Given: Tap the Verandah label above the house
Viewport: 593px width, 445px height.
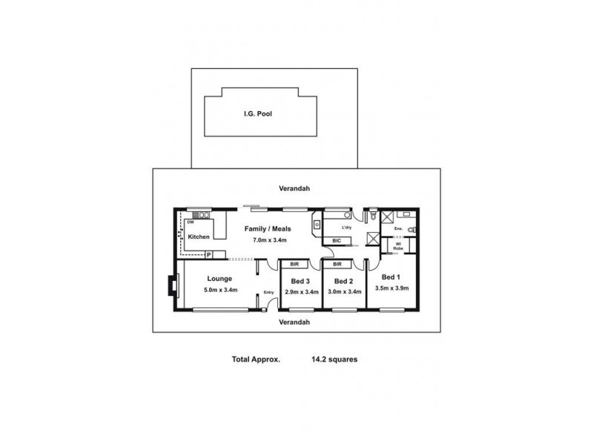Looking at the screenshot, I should (x=294, y=188).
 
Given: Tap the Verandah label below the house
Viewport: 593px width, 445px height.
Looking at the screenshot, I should (x=294, y=323).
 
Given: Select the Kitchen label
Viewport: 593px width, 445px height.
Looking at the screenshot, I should (x=198, y=237).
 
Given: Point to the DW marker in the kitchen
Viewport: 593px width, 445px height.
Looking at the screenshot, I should (x=191, y=222).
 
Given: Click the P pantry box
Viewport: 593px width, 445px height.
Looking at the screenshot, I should (x=209, y=254).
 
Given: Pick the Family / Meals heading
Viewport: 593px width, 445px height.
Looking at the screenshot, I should (x=269, y=229).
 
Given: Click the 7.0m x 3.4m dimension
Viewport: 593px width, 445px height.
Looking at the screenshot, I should (x=269, y=240).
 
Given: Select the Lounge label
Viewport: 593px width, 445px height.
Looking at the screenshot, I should (x=220, y=279).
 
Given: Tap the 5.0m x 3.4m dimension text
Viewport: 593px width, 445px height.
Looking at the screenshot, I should (x=220, y=290).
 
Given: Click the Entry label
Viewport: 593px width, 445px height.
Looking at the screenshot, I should (x=268, y=292).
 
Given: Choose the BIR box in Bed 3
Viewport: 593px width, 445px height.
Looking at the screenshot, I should (x=294, y=264).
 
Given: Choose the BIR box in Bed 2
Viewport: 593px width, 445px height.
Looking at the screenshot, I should (x=337, y=264).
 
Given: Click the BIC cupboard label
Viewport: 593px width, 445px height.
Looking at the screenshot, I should (x=337, y=240).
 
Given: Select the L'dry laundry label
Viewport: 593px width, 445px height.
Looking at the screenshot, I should (x=346, y=228).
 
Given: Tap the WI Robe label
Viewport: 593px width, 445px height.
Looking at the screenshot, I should (x=398, y=245).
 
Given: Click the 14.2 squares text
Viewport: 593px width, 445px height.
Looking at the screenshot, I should (x=335, y=359).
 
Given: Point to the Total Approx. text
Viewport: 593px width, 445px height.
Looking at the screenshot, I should (x=255, y=359).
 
